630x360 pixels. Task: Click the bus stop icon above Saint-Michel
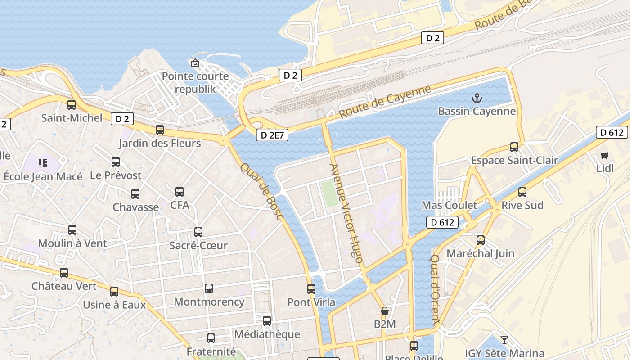click(x=72, y=105)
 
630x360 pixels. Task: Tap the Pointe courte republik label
click(x=195, y=82)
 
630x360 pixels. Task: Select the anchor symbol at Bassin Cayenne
click(x=477, y=98)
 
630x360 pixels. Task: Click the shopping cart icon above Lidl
click(x=604, y=155)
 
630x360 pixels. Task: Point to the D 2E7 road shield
click(x=272, y=135)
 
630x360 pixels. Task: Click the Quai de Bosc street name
click(x=262, y=191)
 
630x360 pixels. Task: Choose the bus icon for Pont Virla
click(x=311, y=289)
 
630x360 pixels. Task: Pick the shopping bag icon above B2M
click(x=385, y=311)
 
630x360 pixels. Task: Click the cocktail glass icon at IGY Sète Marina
click(x=504, y=340)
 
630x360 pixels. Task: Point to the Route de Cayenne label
click(x=385, y=102)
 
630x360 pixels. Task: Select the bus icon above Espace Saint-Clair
click(x=514, y=147)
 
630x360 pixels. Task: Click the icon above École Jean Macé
click(x=43, y=163)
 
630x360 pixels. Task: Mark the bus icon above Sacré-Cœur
click(x=198, y=232)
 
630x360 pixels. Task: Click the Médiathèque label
click(x=267, y=334)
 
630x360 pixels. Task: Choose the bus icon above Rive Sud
click(x=522, y=192)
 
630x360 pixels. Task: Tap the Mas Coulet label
click(x=449, y=206)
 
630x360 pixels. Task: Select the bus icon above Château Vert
click(x=64, y=273)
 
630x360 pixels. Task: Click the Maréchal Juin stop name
click(x=480, y=253)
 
